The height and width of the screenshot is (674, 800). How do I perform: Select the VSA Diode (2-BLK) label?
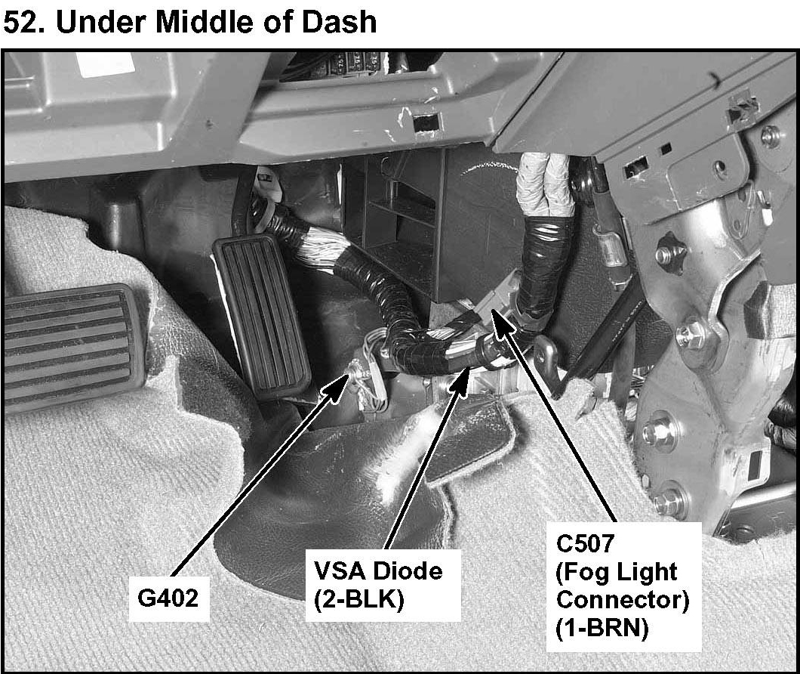pyautogui.click(x=377, y=583)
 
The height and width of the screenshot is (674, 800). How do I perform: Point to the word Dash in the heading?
pyautogui.click(x=337, y=23)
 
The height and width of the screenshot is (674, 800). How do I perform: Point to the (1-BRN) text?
pyautogui.click(x=602, y=630)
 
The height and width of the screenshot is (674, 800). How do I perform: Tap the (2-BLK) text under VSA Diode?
pyautogui.click(x=358, y=599)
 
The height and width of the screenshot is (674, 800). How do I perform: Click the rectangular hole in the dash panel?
pyautogui.click(x=426, y=122)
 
